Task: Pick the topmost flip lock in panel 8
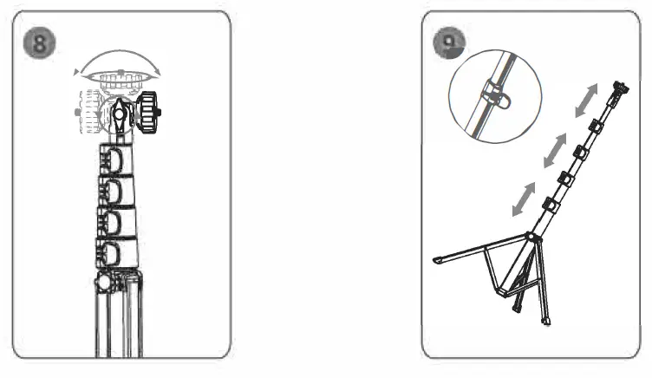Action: tap(113, 161)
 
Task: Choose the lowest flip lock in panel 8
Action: tap(113, 254)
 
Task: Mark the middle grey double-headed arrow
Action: tap(552, 153)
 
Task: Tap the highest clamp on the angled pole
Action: tap(595, 127)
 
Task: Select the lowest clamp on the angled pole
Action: tap(548, 205)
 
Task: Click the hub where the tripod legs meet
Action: tap(529, 237)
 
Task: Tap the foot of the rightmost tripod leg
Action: tap(546, 322)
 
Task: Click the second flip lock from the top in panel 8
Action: tap(113, 192)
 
